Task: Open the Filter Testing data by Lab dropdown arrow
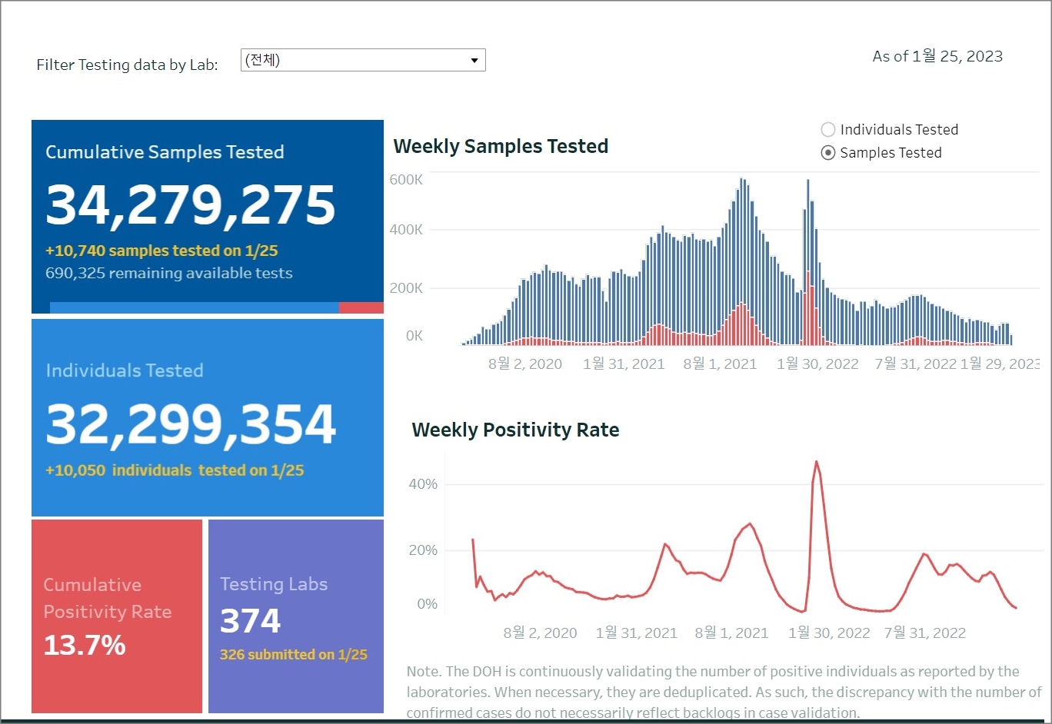(474, 60)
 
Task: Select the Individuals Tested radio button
(828, 129)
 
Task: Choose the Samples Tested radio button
(828, 152)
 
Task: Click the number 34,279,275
(191, 205)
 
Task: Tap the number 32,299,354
(191, 423)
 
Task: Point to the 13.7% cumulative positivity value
(85, 645)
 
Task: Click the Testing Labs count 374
(251, 621)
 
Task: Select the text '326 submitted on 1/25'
(293, 655)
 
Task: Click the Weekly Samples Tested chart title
(501, 146)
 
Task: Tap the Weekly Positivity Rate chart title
(515, 430)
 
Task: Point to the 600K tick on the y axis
(406, 180)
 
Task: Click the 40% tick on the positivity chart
(423, 484)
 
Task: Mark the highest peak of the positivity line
(816, 462)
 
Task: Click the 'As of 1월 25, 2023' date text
(937, 56)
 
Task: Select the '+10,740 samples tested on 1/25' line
(161, 251)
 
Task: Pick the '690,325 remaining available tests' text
(169, 273)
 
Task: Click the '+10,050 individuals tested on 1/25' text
(175, 470)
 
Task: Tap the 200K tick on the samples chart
(406, 288)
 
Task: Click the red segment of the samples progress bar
(361, 307)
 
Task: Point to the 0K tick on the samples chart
(414, 336)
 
